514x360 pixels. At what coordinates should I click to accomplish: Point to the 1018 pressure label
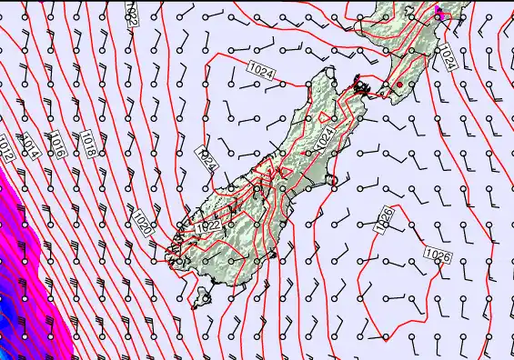[x=89, y=144]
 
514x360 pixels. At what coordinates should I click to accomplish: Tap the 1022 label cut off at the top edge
[x=133, y=13]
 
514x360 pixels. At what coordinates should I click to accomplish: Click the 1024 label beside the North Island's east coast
[x=446, y=56]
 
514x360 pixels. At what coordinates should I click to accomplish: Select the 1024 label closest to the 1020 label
[x=207, y=160]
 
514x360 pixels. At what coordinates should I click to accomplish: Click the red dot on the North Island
[x=399, y=85]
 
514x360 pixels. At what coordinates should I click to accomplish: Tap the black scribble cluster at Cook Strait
[x=363, y=88]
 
